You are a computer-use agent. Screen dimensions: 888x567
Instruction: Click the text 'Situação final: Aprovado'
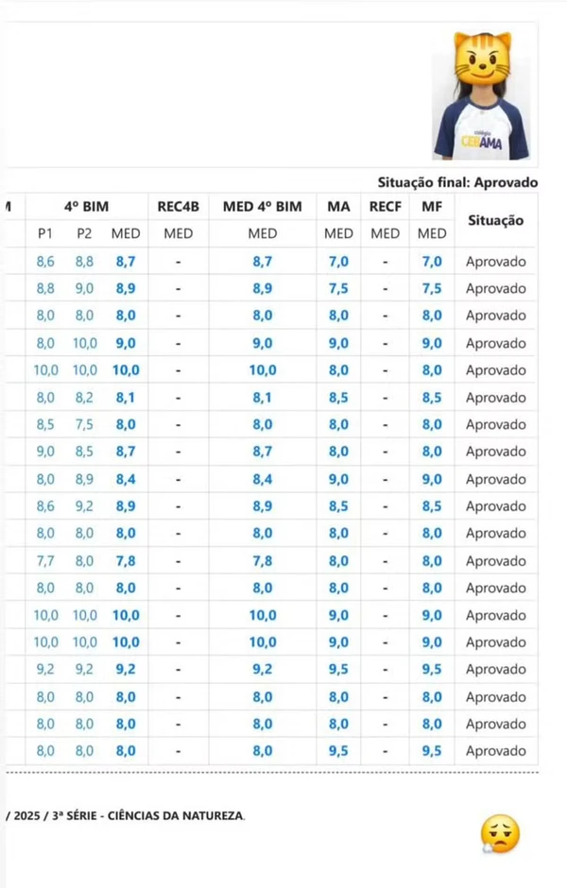click(457, 182)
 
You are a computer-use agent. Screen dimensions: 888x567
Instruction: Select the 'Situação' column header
click(495, 220)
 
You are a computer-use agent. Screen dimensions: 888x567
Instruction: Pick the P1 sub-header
click(45, 233)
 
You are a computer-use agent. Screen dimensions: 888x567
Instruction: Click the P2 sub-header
click(84, 233)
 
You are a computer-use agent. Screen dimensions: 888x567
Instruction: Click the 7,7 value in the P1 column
click(45, 560)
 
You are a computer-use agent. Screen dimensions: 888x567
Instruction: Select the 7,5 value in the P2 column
click(84, 424)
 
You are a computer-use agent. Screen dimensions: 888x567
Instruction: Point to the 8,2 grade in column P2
click(84, 397)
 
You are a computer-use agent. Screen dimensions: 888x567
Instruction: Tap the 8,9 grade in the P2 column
click(84, 479)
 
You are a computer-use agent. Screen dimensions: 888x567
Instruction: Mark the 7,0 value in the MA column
click(338, 261)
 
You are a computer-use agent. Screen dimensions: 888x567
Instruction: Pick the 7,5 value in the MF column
click(432, 288)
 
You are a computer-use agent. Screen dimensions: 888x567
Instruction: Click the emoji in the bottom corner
click(500, 834)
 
